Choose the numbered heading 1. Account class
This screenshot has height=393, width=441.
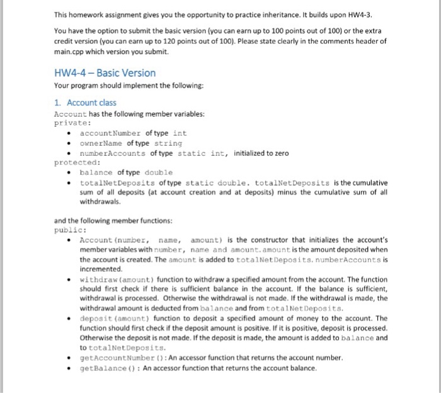[85, 102]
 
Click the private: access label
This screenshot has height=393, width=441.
[74, 123]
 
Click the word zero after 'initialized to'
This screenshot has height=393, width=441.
[278, 153]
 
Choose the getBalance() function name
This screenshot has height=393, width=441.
[107, 368]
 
